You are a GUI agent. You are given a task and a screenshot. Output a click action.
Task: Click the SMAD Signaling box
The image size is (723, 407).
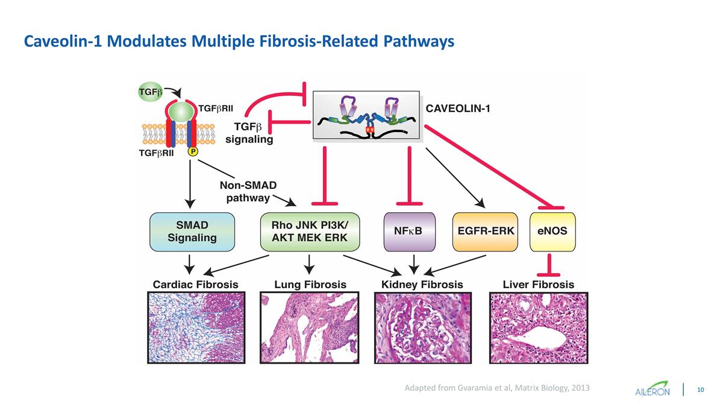(x=192, y=232)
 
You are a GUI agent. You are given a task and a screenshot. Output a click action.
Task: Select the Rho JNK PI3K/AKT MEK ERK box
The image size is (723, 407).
(x=310, y=232)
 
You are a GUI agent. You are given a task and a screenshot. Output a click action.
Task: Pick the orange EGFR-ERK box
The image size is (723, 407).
(x=486, y=232)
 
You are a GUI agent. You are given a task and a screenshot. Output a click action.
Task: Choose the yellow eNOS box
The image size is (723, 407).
(x=552, y=232)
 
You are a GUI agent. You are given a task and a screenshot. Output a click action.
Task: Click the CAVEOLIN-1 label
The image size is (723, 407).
(x=459, y=109)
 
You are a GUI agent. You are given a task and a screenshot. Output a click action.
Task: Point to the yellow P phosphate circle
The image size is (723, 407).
(x=193, y=152)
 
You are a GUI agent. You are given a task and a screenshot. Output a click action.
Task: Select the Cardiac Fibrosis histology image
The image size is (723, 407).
(x=196, y=328)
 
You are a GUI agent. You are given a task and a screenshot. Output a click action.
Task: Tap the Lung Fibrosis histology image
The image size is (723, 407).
(x=310, y=328)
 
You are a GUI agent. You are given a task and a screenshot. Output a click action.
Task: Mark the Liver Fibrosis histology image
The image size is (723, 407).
(x=539, y=328)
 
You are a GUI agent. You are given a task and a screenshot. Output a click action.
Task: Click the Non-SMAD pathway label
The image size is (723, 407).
(x=248, y=191)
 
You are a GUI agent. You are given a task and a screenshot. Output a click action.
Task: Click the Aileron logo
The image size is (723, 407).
(x=653, y=389)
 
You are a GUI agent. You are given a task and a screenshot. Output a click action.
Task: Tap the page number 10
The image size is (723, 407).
(x=701, y=389)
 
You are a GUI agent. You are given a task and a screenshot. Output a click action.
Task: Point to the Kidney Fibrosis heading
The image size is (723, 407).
(x=422, y=284)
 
